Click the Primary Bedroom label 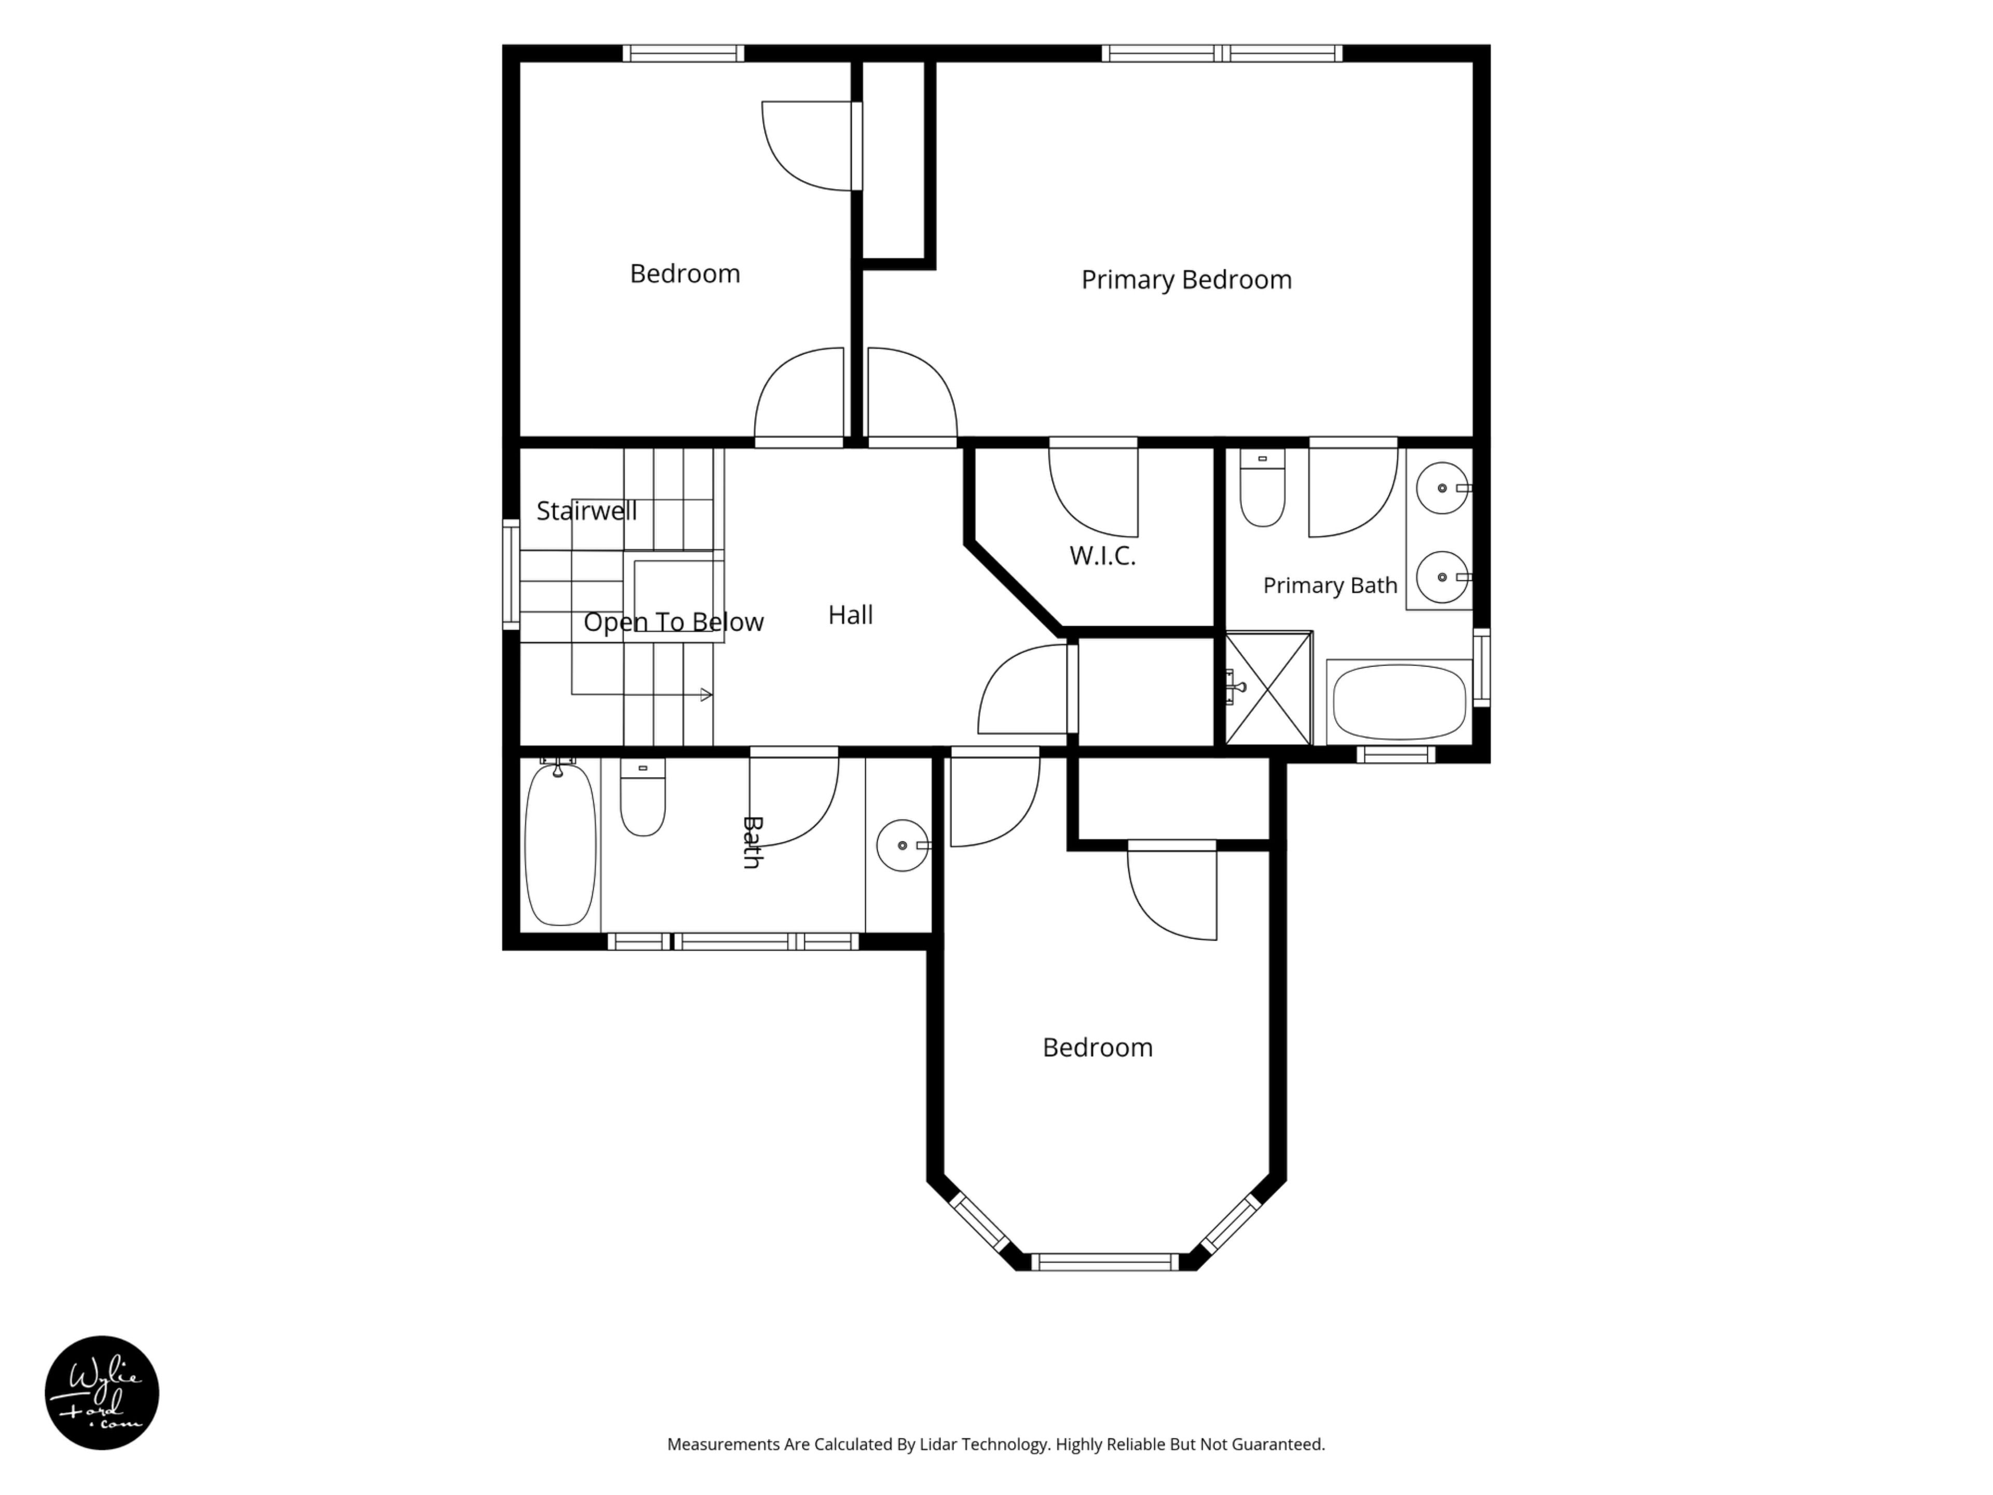pyautogui.click(x=1186, y=279)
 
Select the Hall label pyautogui.click(x=851, y=615)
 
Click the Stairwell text pyautogui.click(x=586, y=511)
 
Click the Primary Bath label pyautogui.click(x=1330, y=586)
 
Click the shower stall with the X pyautogui.click(x=1268, y=688)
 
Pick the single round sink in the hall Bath pyautogui.click(x=903, y=845)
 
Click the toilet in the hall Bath pyautogui.click(x=643, y=797)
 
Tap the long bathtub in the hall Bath pyautogui.click(x=561, y=844)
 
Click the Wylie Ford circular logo pyautogui.click(x=102, y=1392)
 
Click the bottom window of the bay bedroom pyautogui.click(x=1104, y=1261)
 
